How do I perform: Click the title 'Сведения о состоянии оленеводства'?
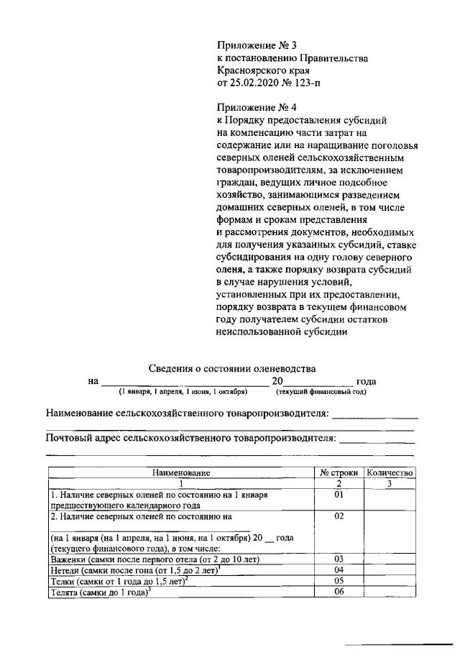coord(231,368)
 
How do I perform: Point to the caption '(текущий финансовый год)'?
coord(321,392)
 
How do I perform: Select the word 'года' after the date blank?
coord(367,381)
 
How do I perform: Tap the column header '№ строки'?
coord(339,473)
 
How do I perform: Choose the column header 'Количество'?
coord(389,473)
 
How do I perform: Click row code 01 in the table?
coord(339,495)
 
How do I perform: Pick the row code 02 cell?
coord(339,516)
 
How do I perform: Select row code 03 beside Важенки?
coord(339,559)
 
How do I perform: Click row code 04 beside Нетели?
coord(339,570)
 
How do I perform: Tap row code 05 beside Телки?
coord(339,581)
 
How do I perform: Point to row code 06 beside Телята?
coord(339,592)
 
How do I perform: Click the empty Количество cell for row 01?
coord(389,500)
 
